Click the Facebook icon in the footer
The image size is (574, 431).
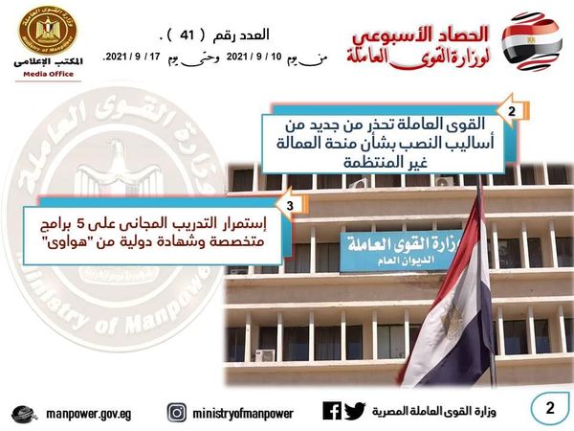pyautogui.click(x=332, y=411)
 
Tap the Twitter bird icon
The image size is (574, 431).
pyautogui.click(x=355, y=411)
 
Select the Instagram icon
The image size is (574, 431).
pyautogui.click(x=177, y=413)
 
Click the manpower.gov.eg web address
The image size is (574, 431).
pyautogui.click(x=88, y=414)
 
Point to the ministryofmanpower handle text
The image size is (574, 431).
pyautogui.click(x=243, y=414)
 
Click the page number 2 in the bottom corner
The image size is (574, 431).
pyautogui.click(x=550, y=408)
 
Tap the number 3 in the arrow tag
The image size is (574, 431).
pyautogui.click(x=290, y=206)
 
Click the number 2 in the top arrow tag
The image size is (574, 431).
pyautogui.click(x=512, y=111)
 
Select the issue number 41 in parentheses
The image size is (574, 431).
pyautogui.click(x=187, y=35)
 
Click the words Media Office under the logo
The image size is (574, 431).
pyautogui.click(x=49, y=74)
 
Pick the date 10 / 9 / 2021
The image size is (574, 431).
pyautogui.click(x=254, y=57)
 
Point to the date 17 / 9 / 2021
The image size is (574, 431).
pyautogui.click(x=133, y=57)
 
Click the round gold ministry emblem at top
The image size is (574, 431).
pyautogui.click(x=48, y=30)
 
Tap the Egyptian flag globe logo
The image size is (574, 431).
pyautogui.click(x=532, y=41)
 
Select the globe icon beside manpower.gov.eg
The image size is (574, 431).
pyautogui.click(x=24, y=415)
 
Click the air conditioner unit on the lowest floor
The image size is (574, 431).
pyautogui.click(x=265, y=355)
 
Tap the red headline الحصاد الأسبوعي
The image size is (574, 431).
pyautogui.click(x=421, y=35)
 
